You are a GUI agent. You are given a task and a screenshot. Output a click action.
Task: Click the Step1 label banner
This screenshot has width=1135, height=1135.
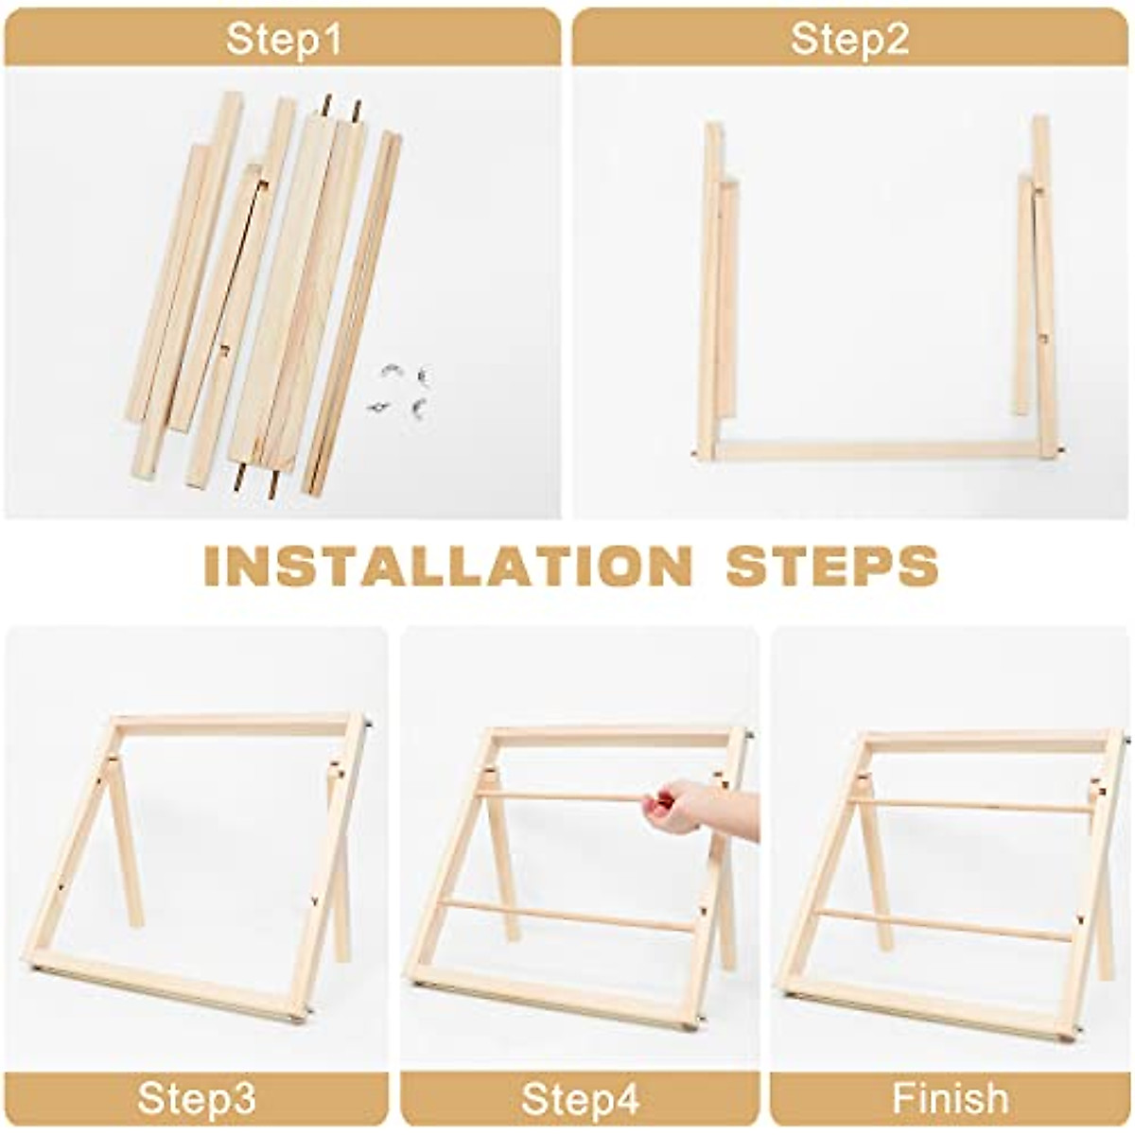(x=283, y=39)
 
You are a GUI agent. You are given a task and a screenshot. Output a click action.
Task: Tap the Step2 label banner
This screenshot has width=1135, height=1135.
(x=849, y=39)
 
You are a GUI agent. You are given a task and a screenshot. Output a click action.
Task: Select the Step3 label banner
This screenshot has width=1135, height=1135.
(x=196, y=1099)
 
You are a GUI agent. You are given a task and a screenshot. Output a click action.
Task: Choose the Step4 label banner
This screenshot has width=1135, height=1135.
(x=580, y=1099)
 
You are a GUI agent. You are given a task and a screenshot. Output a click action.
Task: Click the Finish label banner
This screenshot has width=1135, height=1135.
(x=950, y=1099)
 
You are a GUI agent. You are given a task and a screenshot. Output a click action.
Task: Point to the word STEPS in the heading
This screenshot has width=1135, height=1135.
(x=831, y=566)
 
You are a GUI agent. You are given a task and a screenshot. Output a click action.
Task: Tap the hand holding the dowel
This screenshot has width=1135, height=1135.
(x=690, y=809)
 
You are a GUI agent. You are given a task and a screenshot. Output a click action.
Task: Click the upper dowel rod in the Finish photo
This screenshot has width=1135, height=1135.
(x=974, y=806)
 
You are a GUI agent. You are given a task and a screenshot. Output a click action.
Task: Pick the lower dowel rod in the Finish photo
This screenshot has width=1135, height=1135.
(x=946, y=922)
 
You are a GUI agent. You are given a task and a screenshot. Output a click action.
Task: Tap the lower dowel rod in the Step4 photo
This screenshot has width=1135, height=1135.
(x=567, y=916)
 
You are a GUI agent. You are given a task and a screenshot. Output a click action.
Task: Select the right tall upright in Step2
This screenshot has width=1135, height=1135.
(x=1044, y=284)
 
